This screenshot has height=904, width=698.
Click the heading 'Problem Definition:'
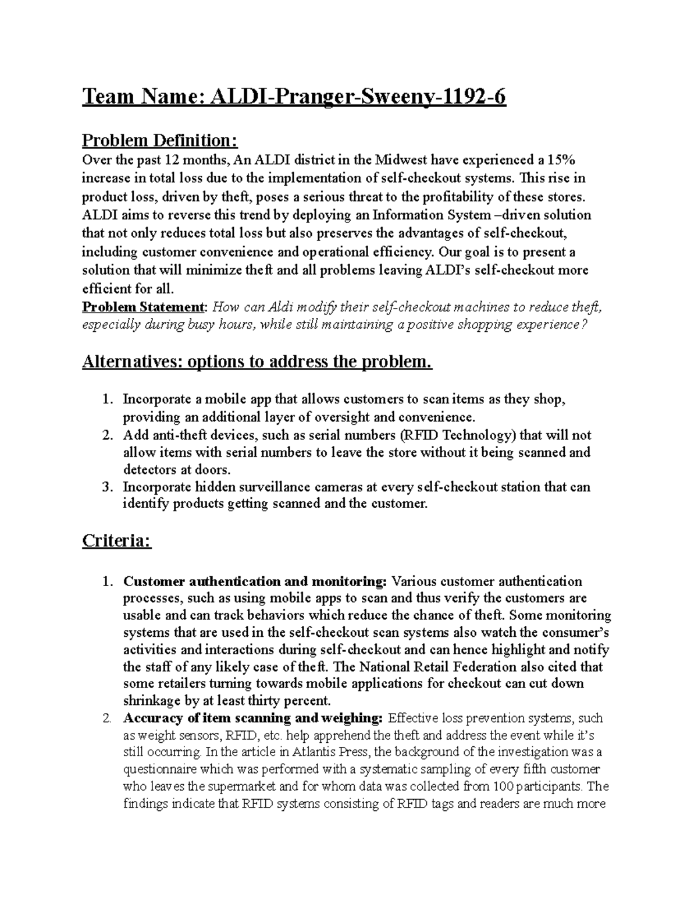click(x=160, y=140)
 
